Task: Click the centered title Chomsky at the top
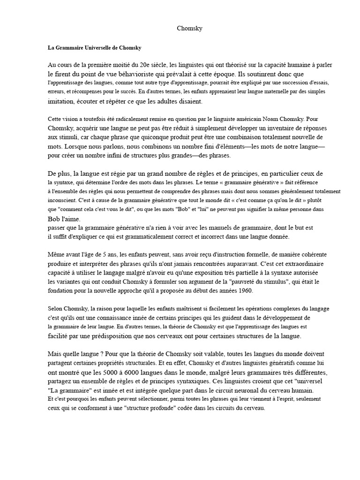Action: pos(190,29)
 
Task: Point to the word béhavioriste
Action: pos(136,74)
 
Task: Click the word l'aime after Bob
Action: pos(72,218)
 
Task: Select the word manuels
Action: pos(192,227)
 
